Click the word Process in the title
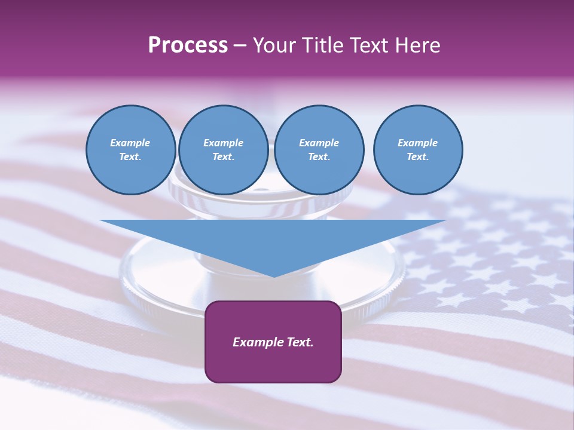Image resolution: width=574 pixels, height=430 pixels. point(188,45)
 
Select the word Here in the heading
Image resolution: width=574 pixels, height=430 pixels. point(417,45)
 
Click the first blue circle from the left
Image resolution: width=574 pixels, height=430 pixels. point(130,150)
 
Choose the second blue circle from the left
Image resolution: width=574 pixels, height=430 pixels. point(223,150)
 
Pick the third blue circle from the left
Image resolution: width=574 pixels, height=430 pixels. point(319,150)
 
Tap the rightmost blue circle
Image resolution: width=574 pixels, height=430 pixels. point(417,150)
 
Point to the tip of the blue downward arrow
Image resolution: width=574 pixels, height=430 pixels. point(274,276)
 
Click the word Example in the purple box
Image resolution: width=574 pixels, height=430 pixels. point(258,342)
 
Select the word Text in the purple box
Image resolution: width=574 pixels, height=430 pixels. point(299,342)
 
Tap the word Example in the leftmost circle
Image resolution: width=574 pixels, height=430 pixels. point(130,143)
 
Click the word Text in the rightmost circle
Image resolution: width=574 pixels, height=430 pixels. point(417,157)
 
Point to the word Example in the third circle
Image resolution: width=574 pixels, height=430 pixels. point(319,143)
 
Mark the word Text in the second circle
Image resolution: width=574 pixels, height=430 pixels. point(223,157)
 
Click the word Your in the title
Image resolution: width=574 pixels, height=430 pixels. point(274,45)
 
